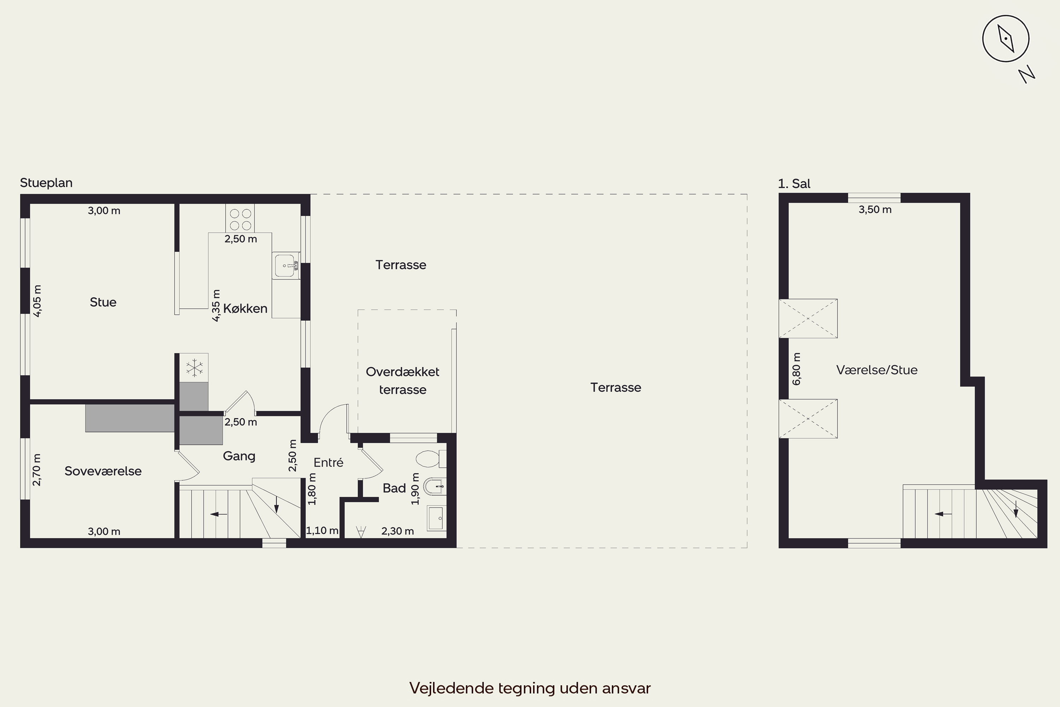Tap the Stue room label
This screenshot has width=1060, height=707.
pyautogui.click(x=103, y=302)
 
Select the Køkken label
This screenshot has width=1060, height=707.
pyautogui.click(x=245, y=308)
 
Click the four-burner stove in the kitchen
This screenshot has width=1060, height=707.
pyautogui.click(x=240, y=219)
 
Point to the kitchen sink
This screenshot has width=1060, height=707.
pyautogui.click(x=286, y=266)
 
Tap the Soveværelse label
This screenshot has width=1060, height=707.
pyautogui.click(x=103, y=471)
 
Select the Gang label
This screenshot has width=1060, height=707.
pyautogui.click(x=239, y=456)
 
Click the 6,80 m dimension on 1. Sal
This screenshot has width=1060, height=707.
pyautogui.click(x=797, y=369)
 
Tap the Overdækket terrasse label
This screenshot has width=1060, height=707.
pyautogui.click(x=402, y=381)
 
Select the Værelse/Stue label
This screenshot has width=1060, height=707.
pyautogui.click(x=877, y=370)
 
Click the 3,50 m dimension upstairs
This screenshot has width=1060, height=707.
pyautogui.click(x=875, y=210)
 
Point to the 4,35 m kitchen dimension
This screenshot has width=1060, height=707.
pyautogui.click(x=216, y=305)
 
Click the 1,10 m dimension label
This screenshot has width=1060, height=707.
pyautogui.click(x=322, y=531)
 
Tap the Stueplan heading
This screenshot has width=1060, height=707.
pyautogui.click(x=46, y=183)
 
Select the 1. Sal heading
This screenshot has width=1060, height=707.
pyautogui.click(x=794, y=183)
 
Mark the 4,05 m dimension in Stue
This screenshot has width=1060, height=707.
pyautogui.click(x=37, y=301)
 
